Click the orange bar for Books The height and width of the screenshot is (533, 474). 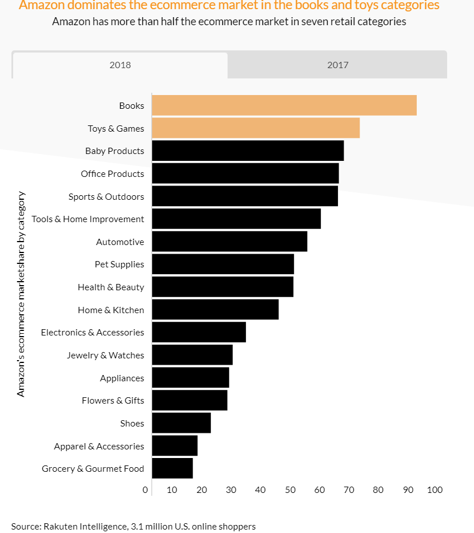point(284,105)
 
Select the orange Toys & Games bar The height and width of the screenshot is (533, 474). point(256,128)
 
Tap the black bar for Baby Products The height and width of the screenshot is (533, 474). point(248,151)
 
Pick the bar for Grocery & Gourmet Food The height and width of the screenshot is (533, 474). point(172,468)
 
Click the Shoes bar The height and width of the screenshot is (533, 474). point(181,423)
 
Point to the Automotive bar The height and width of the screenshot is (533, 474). point(229,242)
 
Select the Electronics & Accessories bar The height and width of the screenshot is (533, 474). point(199,332)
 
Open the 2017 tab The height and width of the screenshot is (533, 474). point(337,65)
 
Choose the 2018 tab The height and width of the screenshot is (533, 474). point(120,65)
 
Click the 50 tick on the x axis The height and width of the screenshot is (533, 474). point(290,489)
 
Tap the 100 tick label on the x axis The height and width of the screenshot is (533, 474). point(435,489)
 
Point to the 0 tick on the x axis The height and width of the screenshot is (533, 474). point(145,489)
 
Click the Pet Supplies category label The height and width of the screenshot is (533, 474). point(120,264)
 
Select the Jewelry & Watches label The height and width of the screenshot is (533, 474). point(105,355)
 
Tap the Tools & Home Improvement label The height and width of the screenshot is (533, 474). point(88,219)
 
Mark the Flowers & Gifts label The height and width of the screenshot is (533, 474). point(113,400)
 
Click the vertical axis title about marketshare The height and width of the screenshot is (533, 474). point(21,294)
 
